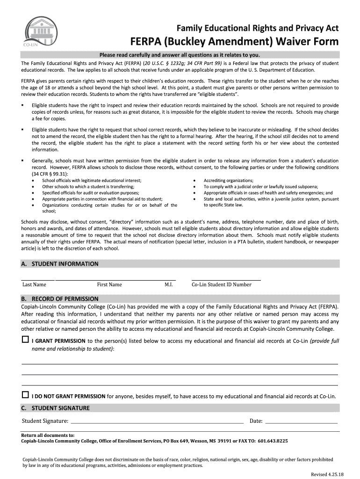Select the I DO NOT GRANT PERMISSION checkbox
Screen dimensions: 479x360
[25, 395]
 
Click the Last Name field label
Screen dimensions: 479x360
[34, 284]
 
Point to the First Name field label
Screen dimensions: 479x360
[109, 284]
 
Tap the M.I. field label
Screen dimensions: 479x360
[169, 284]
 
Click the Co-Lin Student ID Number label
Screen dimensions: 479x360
[222, 284]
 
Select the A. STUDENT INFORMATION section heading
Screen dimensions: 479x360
[60, 264]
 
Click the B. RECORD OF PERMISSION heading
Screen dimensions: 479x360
[60, 298]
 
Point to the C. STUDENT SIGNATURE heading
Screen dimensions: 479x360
[55, 408]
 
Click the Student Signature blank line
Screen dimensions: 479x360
[157, 421]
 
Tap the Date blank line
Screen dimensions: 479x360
[301, 421]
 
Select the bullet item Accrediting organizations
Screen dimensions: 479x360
[229, 181]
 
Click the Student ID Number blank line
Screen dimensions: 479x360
[226, 279]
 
